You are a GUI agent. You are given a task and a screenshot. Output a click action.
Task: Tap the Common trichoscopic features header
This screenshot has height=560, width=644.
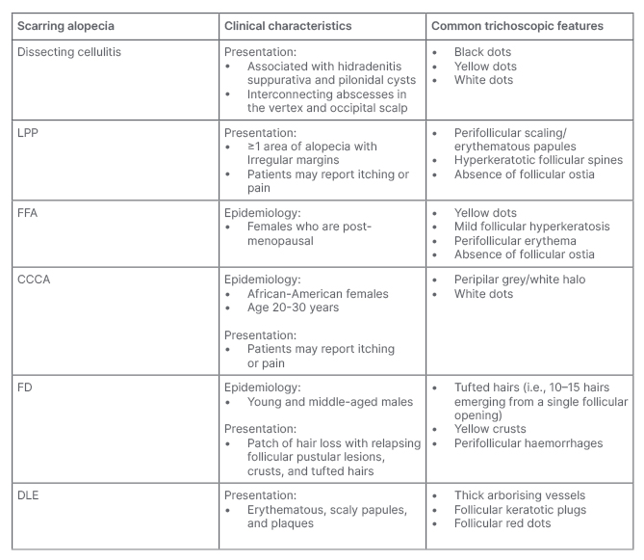(x=517, y=26)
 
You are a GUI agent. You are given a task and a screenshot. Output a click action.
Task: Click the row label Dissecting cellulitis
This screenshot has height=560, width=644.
(x=70, y=52)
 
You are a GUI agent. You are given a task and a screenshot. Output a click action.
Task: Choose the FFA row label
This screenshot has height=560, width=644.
(x=30, y=212)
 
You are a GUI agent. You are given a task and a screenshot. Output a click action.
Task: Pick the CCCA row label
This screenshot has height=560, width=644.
(x=36, y=280)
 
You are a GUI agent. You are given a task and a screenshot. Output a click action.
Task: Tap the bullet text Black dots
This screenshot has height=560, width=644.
(x=484, y=52)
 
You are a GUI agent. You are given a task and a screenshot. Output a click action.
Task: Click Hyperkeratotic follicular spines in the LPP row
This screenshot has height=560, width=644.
(x=538, y=160)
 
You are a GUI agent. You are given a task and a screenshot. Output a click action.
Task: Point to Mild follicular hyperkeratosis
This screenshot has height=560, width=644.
(x=531, y=227)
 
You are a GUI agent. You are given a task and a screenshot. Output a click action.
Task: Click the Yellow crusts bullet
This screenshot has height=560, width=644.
(x=493, y=429)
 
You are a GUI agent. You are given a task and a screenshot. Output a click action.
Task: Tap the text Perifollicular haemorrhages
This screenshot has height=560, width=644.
(x=528, y=442)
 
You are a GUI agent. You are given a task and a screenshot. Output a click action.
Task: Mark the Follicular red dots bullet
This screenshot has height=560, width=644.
(x=506, y=523)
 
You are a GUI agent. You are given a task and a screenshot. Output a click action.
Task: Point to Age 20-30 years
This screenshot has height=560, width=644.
(x=288, y=307)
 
